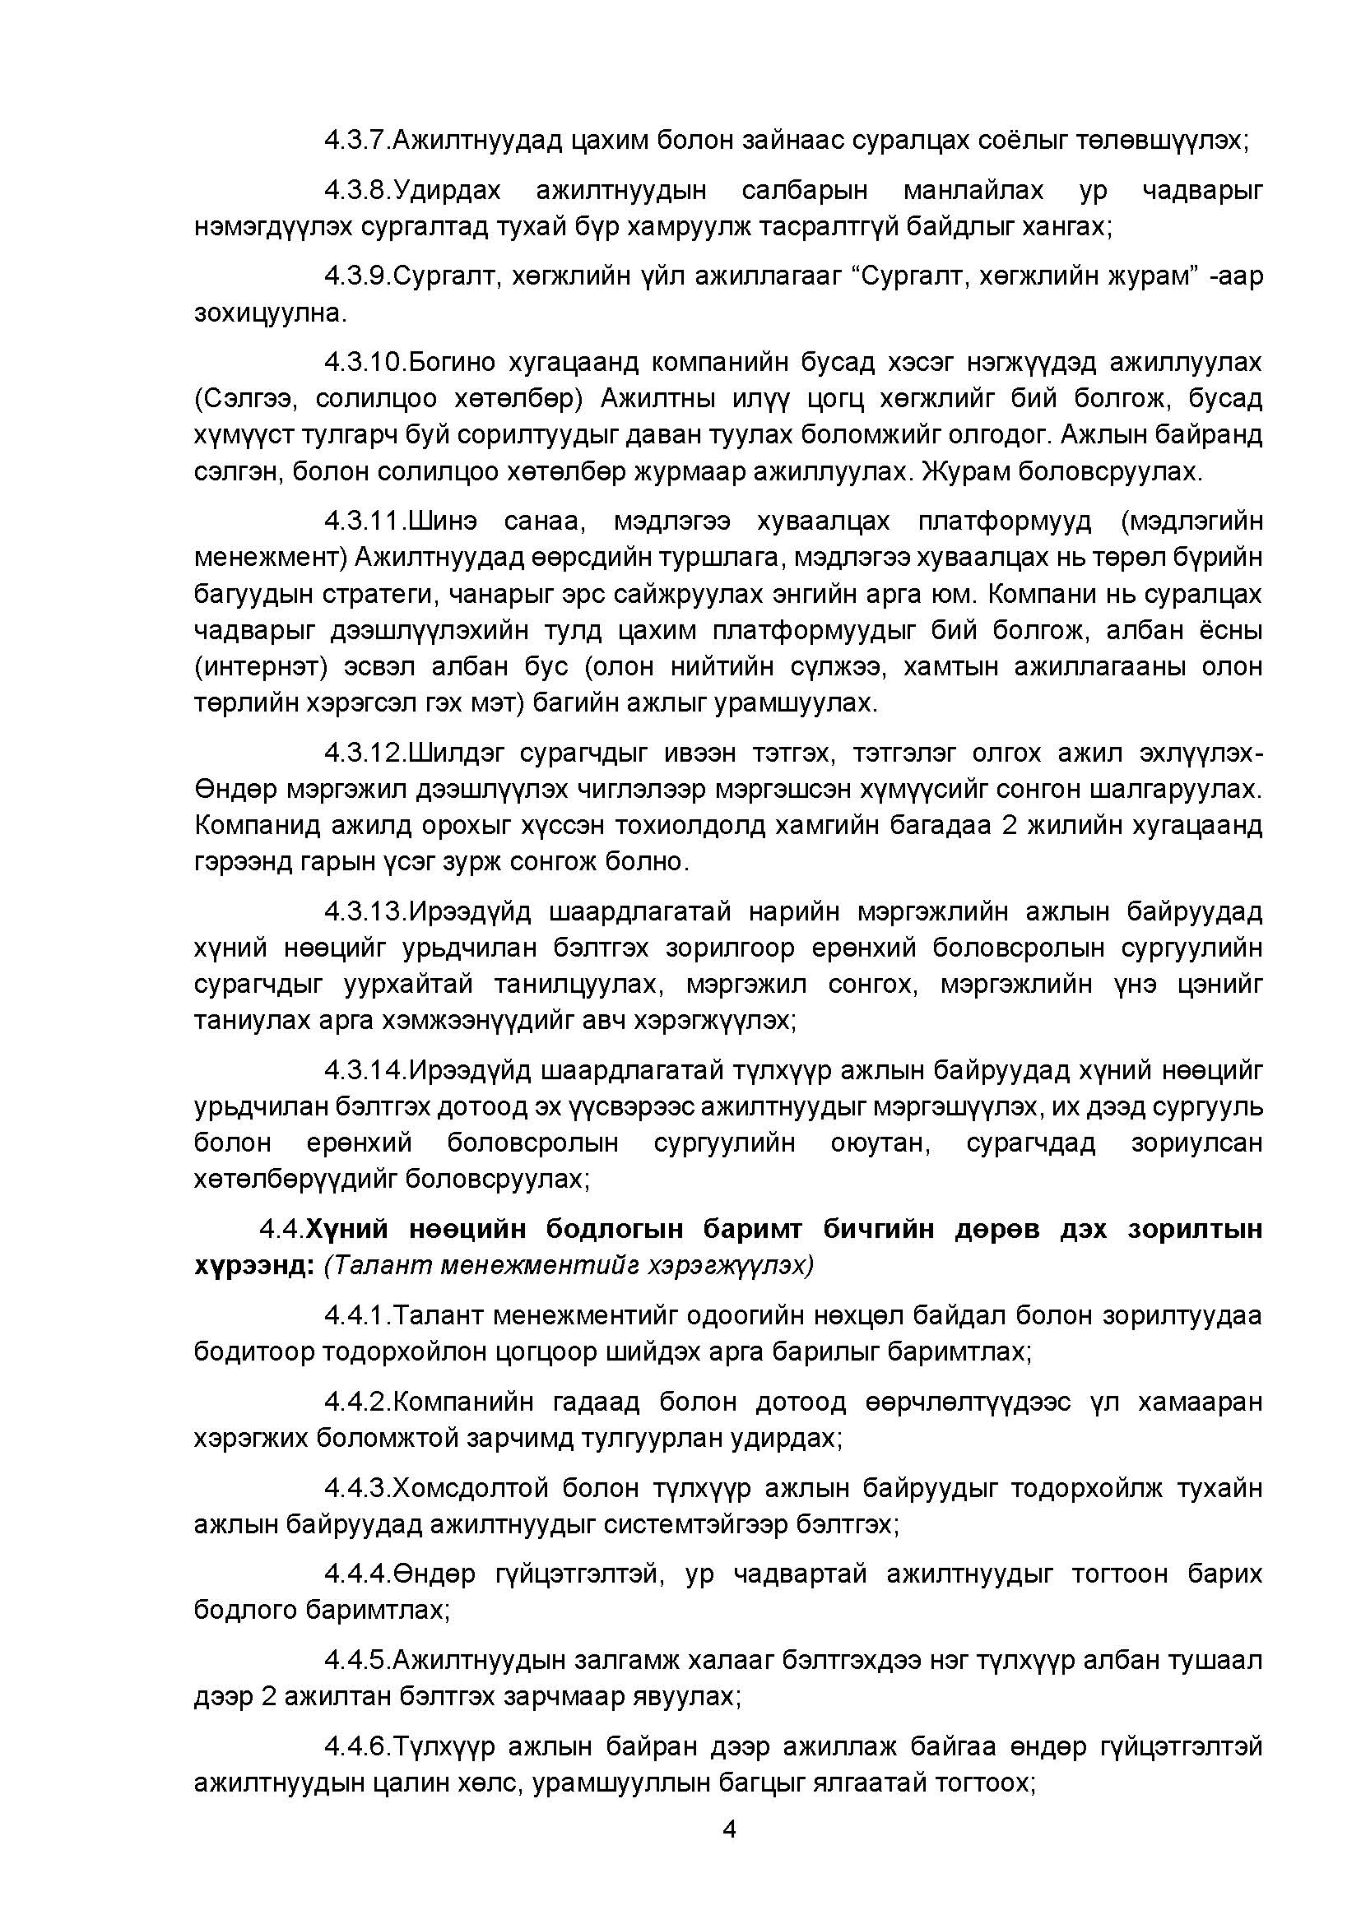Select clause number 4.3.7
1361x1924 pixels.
click(357, 140)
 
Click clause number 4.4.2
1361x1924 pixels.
click(357, 1401)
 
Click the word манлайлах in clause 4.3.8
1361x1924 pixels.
click(973, 191)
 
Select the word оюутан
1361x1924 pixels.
click(880, 1143)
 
